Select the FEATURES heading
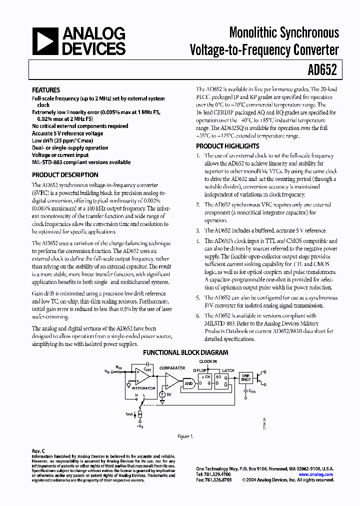[46, 90]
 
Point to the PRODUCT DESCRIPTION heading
[65, 175]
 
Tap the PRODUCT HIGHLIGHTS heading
[227, 146]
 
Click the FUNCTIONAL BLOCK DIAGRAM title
[186, 352]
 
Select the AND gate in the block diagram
[188, 383]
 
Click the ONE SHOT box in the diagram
[246, 378]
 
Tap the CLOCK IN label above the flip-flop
[208, 361]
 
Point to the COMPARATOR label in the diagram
[172, 368]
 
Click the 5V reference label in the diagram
[169, 394]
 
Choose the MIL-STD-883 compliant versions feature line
[81, 162]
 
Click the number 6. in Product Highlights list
[198, 315]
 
